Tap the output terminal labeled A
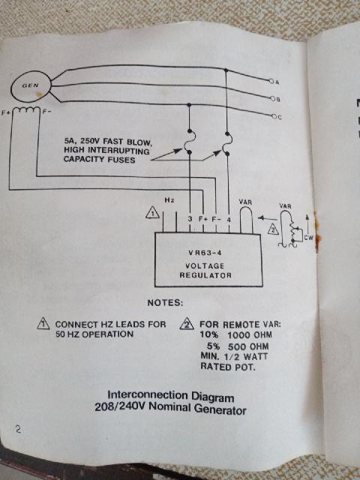pos(271,81)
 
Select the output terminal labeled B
pos(272,98)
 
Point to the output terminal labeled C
pos(273,116)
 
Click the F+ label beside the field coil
pos(5,112)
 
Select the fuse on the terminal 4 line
pos(226,143)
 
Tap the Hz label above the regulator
pos(169,200)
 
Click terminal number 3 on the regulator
pos(190,219)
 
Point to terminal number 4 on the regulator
pos(229,220)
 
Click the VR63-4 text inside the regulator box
pos(205,253)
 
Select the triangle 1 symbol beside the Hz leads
pos(152,212)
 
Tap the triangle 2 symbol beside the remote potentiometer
pos(273,229)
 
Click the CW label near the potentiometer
pos(308,238)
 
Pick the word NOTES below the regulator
pos(165,303)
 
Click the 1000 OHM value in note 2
pos(250,335)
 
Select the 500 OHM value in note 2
pos(248,346)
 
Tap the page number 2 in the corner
pos(18,429)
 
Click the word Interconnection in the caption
pos(148,395)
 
